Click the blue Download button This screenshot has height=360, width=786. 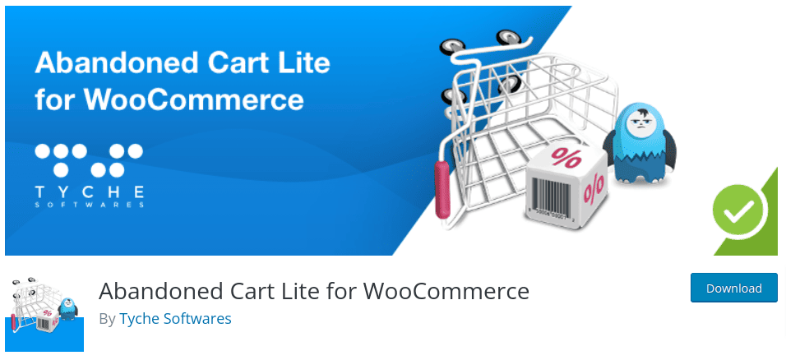point(733,288)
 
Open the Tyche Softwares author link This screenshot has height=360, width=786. point(175,318)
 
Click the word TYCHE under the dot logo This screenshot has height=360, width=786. point(90,192)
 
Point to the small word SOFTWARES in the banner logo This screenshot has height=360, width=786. point(90,205)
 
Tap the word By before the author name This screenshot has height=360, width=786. point(107,318)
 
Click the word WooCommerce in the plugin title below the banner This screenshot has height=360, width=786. point(446,291)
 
